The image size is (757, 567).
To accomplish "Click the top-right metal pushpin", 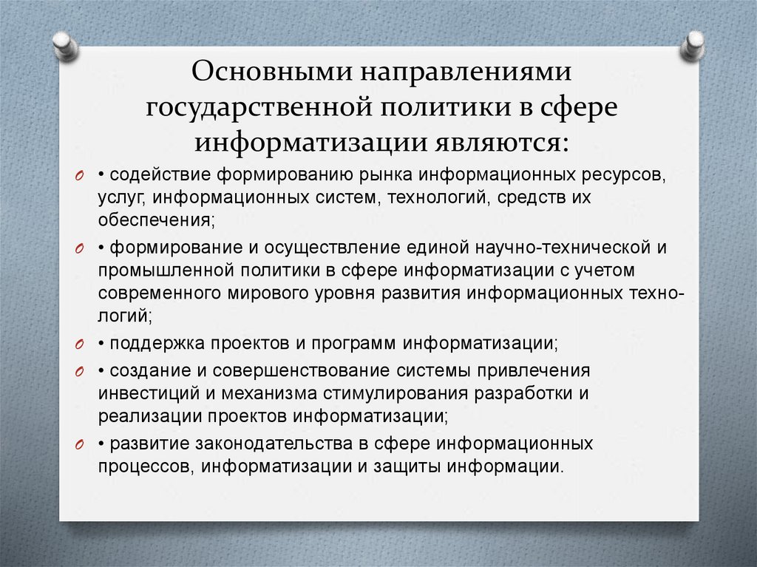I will [693, 46].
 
